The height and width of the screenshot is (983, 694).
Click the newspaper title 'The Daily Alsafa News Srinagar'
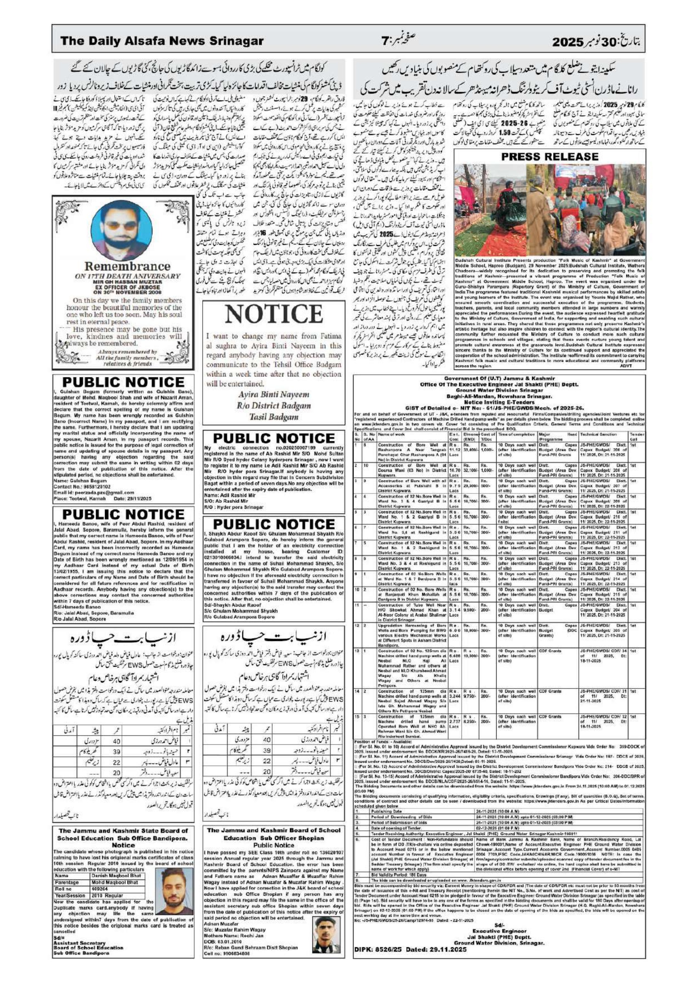(162, 41)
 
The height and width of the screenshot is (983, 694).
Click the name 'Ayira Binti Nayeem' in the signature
(274, 394)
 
